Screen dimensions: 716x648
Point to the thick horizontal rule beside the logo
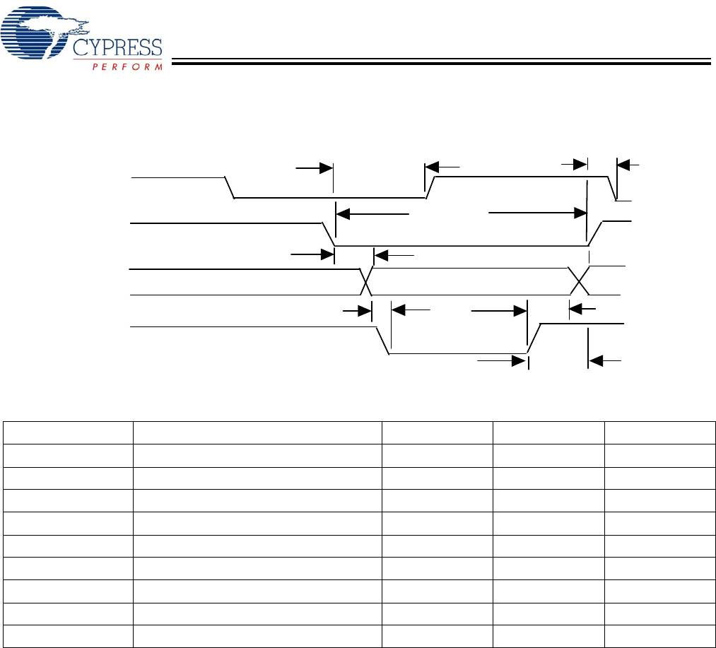(x=442, y=62)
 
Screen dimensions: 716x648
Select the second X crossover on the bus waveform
(x=580, y=281)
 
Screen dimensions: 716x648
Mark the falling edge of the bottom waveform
(x=382, y=340)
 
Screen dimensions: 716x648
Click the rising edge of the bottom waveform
(x=534, y=338)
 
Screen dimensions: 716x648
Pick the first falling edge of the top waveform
(x=230, y=187)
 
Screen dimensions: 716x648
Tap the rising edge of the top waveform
(x=430, y=187)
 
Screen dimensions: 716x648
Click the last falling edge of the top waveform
(x=612, y=189)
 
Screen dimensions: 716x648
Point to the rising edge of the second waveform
(x=597, y=232)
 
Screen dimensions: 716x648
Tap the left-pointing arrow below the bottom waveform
(x=604, y=362)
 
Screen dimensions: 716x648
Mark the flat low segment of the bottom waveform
(x=458, y=353)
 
